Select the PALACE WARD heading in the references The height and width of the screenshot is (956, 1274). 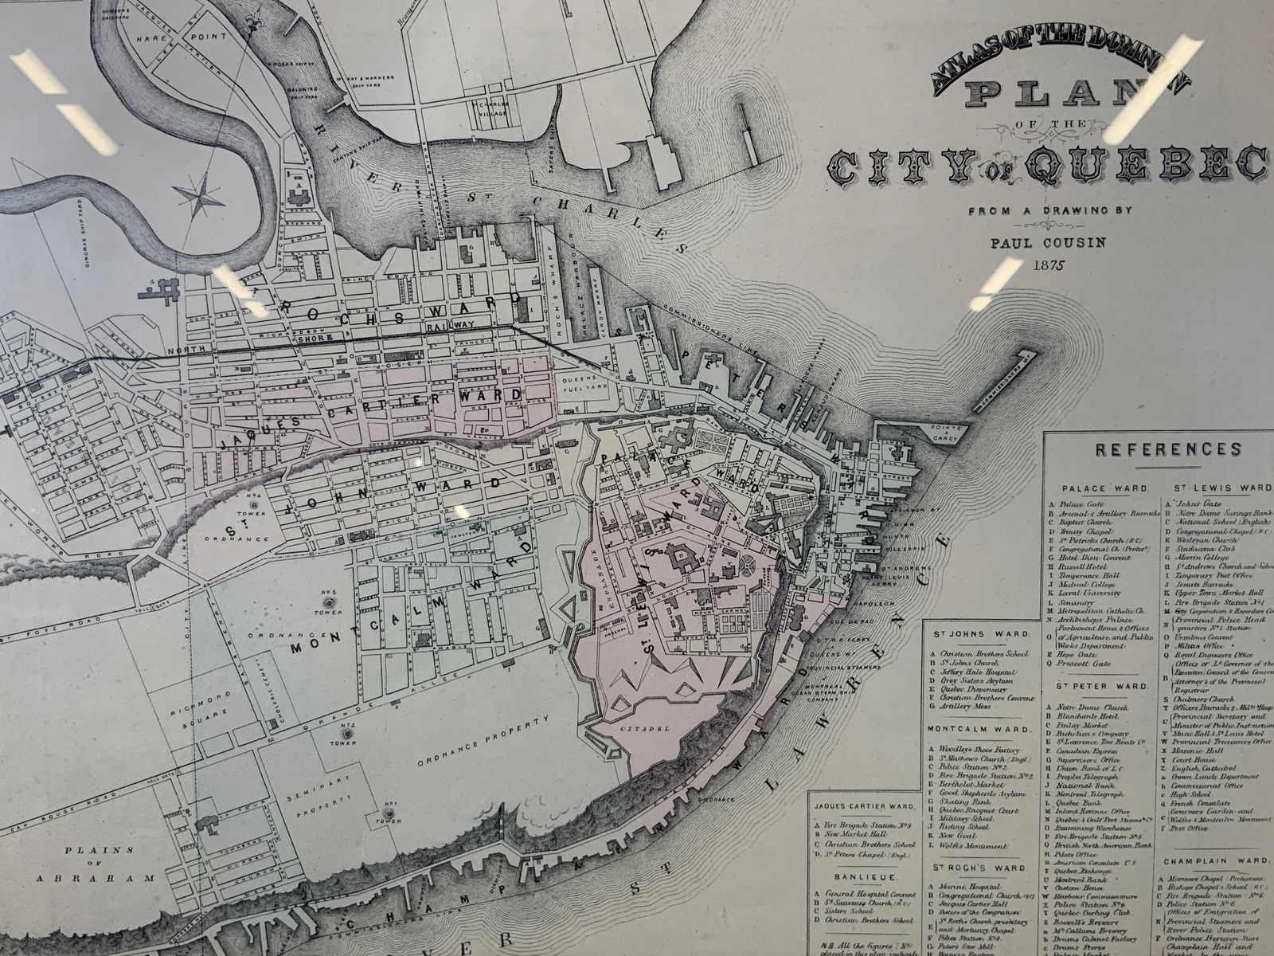click(1092, 488)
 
